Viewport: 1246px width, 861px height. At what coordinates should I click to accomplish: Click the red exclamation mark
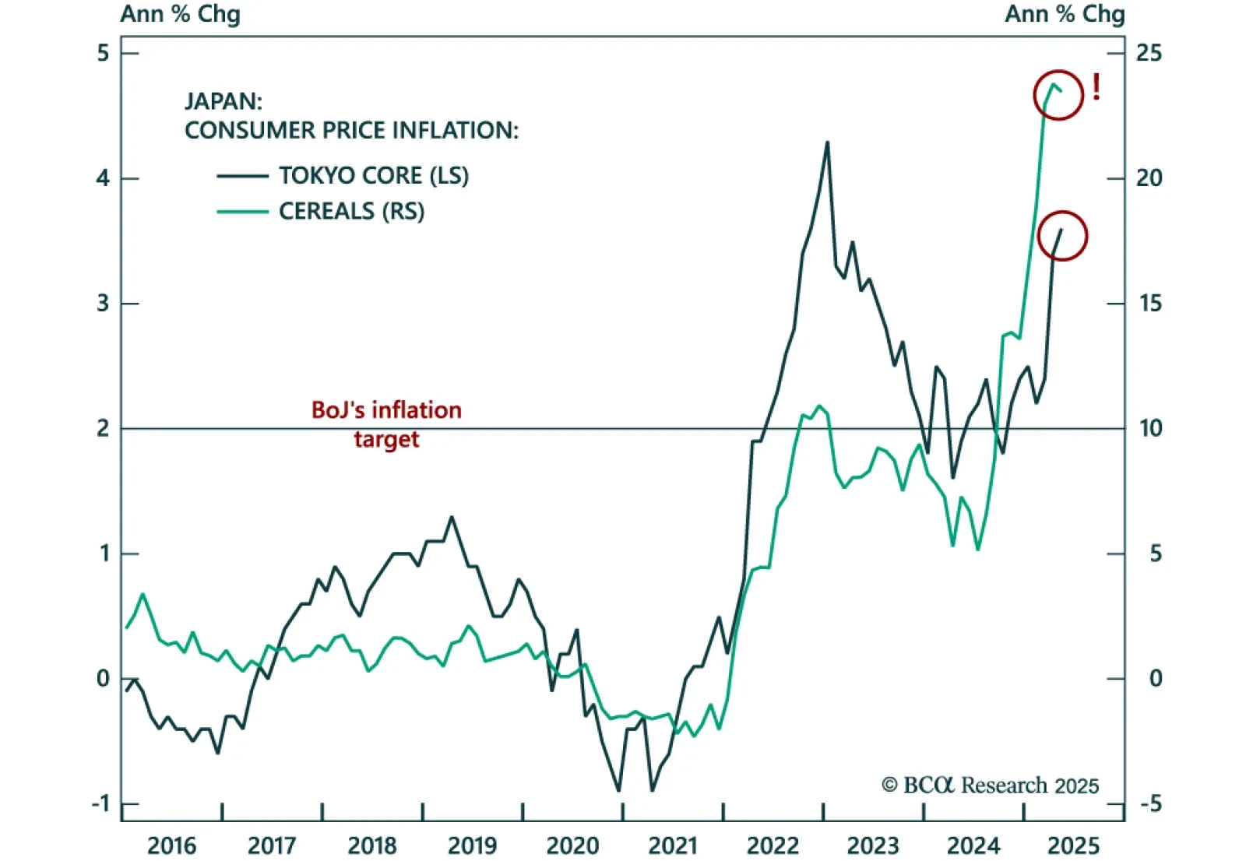tap(1096, 87)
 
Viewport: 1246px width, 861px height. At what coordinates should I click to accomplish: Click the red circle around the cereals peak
tap(1058, 94)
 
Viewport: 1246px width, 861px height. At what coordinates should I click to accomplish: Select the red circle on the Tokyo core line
tap(1062, 235)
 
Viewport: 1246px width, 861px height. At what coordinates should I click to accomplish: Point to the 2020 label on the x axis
tap(572, 845)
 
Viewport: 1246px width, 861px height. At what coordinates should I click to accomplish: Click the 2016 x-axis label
tap(172, 845)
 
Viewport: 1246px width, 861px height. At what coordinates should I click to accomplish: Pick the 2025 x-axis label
tap(1073, 845)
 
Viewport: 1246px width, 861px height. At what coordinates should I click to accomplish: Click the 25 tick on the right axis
tap(1149, 53)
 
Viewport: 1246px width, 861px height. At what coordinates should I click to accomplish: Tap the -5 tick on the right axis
tap(1150, 803)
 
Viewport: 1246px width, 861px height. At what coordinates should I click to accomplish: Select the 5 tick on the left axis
tap(103, 53)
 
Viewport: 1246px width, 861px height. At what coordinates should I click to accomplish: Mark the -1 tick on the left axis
tap(100, 803)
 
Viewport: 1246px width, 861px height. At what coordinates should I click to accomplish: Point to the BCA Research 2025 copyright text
tap(990, 785)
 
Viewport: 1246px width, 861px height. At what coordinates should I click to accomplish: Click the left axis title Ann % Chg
tap(180, 14)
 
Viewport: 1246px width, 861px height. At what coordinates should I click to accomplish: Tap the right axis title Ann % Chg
tap(1065, 14)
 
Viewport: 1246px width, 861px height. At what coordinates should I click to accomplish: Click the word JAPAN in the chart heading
tap(223, 101)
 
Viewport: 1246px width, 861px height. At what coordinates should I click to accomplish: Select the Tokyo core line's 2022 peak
tap(827, 142)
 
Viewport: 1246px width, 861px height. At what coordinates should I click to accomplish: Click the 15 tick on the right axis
tap(1149, 304)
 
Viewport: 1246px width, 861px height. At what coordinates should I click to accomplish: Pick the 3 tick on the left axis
tap(103, 304)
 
